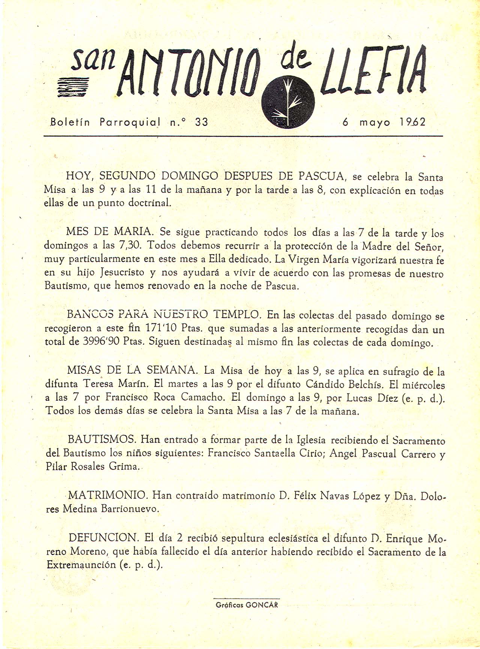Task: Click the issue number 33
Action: pos(202,122)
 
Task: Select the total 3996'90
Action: pos(100,342)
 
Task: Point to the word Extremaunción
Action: pos(81,565)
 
